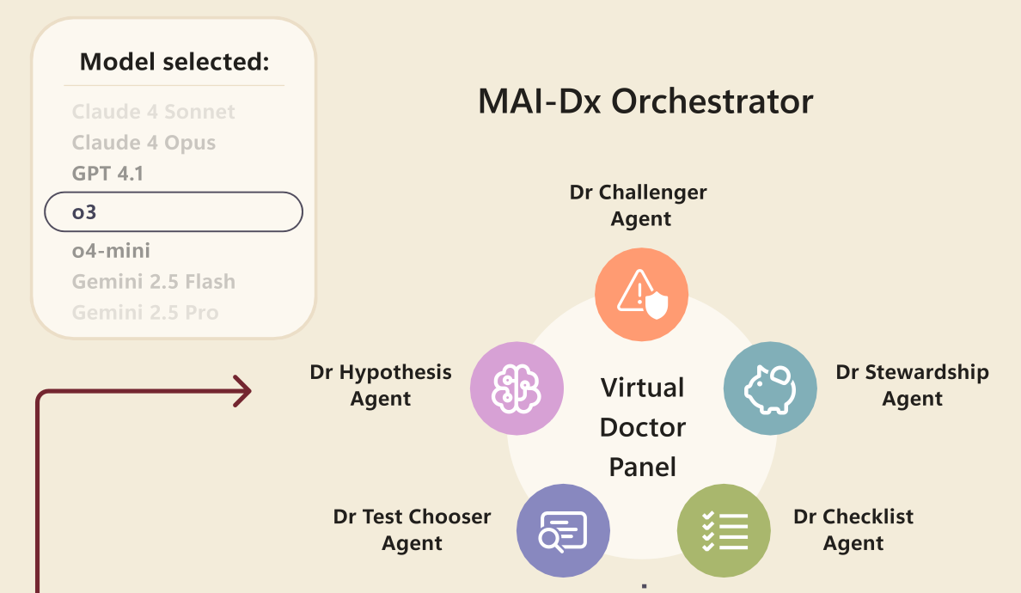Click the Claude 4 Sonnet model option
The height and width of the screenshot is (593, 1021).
153,112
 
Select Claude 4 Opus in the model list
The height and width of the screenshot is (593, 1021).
144,143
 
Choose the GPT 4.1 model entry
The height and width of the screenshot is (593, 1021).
107,174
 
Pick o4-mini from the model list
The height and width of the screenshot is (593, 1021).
111,251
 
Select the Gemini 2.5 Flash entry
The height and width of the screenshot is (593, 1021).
153,282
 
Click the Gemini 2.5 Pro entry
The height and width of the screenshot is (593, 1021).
144,313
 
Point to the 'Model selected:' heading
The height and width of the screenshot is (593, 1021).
174,62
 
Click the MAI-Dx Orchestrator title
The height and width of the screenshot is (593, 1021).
645,101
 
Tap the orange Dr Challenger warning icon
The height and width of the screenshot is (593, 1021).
642,294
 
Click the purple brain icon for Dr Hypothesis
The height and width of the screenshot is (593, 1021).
517,388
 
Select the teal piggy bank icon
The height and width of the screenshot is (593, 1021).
770,388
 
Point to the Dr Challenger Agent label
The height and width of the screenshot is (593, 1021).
639,205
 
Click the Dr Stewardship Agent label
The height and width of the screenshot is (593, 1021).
912,385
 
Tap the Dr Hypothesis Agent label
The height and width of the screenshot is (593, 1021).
381,385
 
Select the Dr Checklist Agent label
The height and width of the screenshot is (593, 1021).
853,529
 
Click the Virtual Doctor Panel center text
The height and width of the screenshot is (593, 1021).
643,427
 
